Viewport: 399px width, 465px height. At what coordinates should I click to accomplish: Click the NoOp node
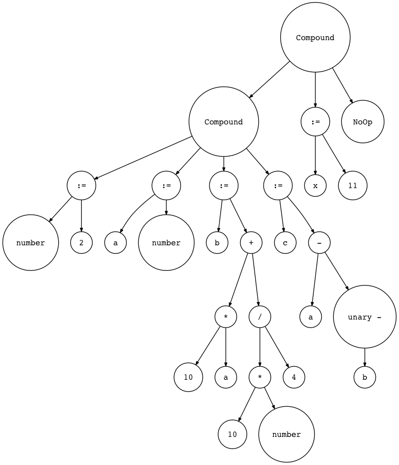[363, 122]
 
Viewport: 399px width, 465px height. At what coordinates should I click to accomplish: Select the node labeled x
[315, 186]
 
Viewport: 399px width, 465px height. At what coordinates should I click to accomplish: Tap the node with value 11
[352, 186]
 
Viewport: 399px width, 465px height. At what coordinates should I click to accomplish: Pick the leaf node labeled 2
[81, 243]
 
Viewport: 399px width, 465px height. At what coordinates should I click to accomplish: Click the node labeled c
[285, 243]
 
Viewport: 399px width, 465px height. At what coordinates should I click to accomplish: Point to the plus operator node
[251, 243]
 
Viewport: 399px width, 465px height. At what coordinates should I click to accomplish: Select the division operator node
[260, 317]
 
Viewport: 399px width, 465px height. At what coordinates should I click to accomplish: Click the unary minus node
[364, 317]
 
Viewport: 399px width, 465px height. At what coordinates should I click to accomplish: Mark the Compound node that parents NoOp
[315, 38]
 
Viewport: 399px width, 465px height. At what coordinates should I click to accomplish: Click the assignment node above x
[315, 122]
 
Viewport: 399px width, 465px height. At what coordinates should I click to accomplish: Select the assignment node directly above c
[278, 186]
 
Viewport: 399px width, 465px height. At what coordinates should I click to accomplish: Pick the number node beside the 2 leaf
[31, 243]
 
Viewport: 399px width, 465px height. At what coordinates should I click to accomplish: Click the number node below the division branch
[286, 434]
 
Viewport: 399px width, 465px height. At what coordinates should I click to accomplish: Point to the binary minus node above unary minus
[319, 243]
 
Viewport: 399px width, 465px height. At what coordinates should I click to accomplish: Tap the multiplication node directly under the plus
[226, 317]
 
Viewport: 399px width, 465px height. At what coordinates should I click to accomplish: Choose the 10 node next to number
[232, 434]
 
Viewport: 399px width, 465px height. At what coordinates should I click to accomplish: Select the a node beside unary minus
[311, 317]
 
